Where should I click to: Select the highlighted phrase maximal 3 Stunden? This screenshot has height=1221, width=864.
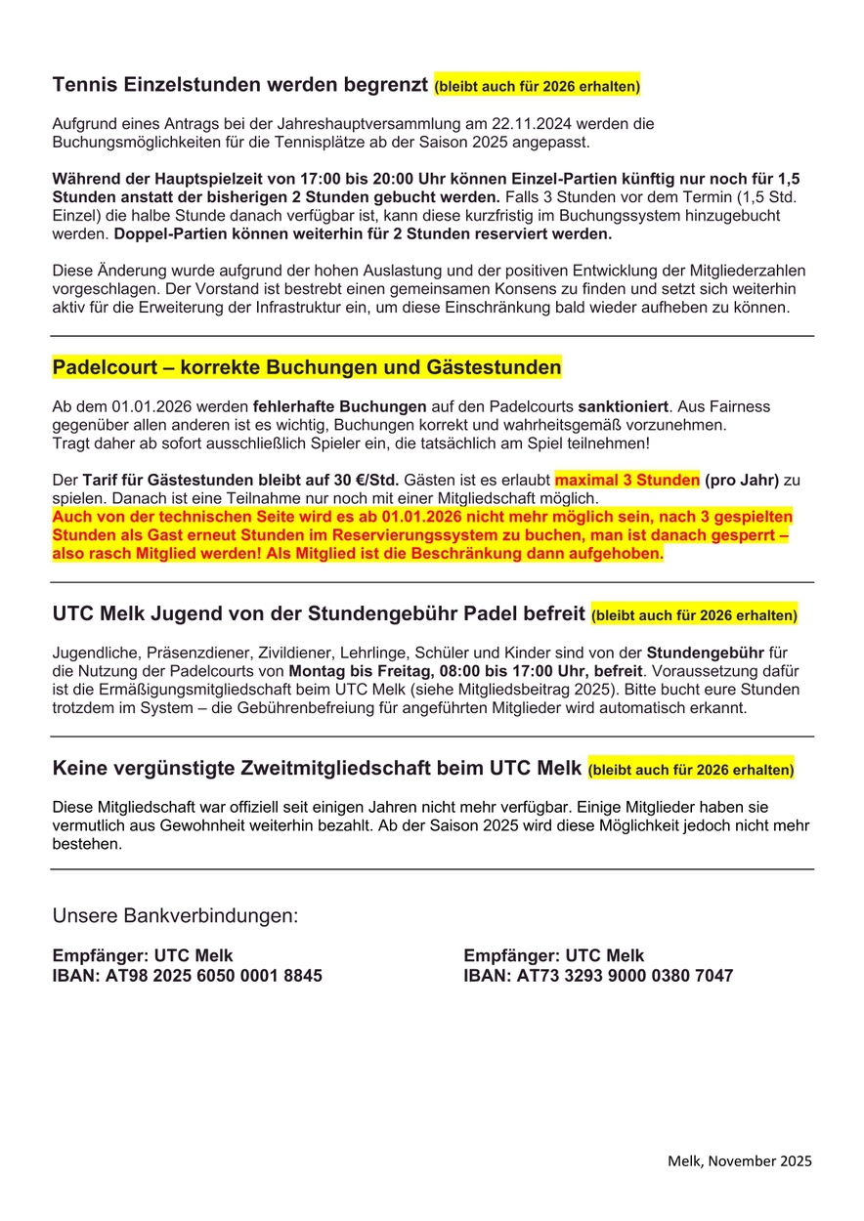pos(626,480)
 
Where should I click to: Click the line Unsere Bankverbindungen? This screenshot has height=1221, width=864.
pos(175,916)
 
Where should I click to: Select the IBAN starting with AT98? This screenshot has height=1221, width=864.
pos(187,976)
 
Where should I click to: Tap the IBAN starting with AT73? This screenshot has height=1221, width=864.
pos(598,976)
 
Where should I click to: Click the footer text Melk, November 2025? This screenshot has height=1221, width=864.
pos(740,1161)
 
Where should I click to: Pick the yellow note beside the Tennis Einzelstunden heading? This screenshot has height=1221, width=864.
pos(538,87)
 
